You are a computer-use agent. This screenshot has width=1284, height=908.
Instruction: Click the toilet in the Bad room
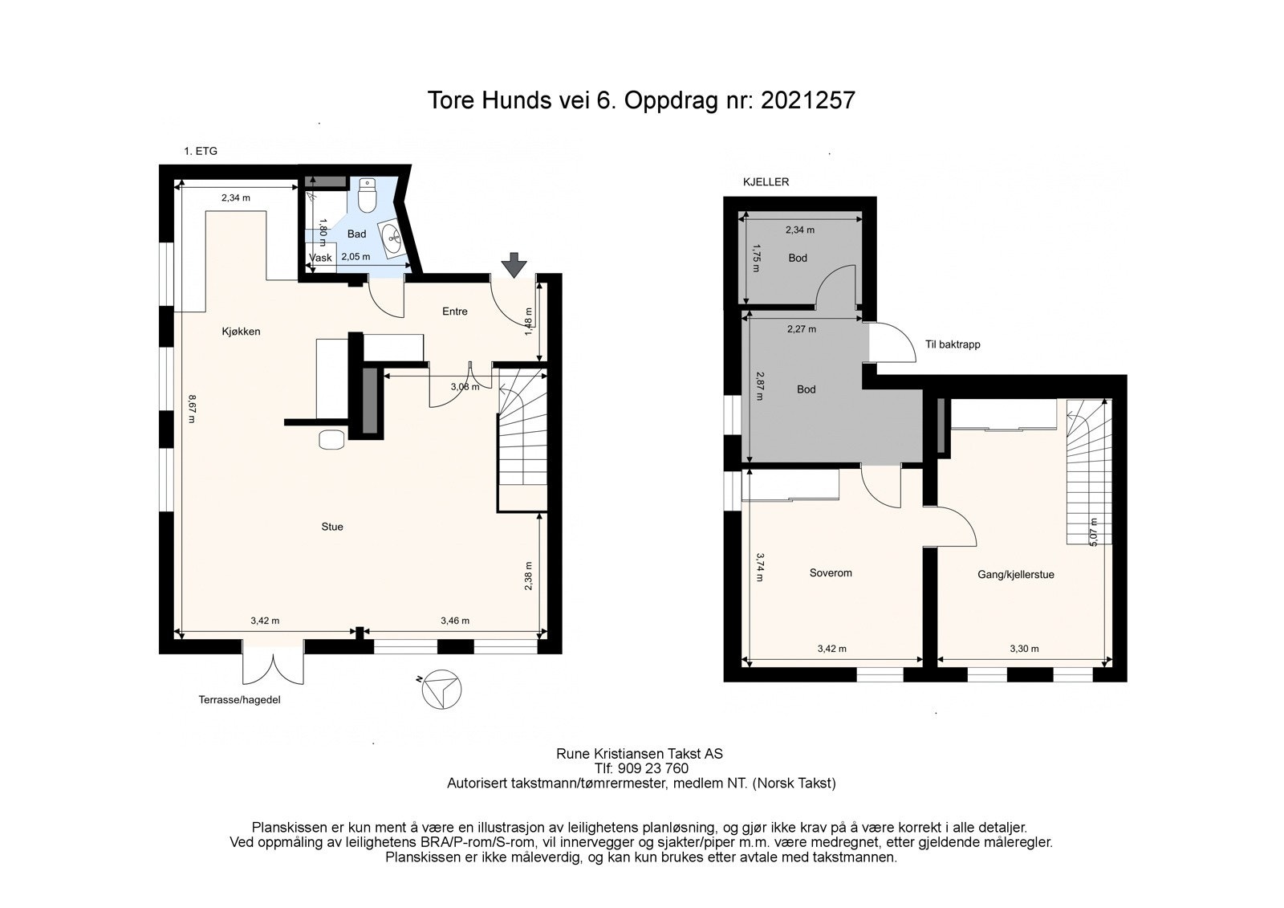pyautogui.click(x=366, y=195)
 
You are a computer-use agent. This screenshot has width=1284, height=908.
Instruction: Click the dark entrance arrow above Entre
pyautogui.click(x=514, y=265)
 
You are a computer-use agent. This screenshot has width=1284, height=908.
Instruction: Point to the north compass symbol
pyautogui.click(x=441, y=690)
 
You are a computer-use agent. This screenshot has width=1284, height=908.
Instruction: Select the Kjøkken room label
pyautogui.click(x=241, y=332)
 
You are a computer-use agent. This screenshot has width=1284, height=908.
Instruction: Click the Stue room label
pyautogui.click(x=332, y=527)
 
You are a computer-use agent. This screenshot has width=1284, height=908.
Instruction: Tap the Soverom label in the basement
pyautogui.click(x=831, y=573)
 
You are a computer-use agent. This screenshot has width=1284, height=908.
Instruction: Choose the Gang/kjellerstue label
pyautogui.click(x=1016, y=575)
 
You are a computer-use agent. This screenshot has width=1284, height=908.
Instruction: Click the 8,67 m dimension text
pyautogui.click(x=192, y=409)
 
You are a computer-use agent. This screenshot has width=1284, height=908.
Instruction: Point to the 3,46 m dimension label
pyautogui.click(x=455, y=621)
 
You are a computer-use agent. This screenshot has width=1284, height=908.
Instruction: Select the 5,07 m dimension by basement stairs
pyautogui.click(x=1092, y=532)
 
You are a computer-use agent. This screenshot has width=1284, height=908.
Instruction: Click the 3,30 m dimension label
pyautogui.click(x=1024, y=649)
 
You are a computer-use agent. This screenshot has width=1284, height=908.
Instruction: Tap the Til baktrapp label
pyautogui.click(x=953, y=344)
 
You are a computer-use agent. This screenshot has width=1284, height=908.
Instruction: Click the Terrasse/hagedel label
pyautogui.click(x=240, y=700)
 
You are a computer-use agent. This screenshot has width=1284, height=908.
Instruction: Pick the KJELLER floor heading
pyautogui.click(x=766, y=181)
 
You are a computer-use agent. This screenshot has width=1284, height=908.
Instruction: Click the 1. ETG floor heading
pyautogui.click(x=201, y=152)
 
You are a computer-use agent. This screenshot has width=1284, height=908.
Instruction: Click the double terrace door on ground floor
pyautogui.click(x=273, y=662)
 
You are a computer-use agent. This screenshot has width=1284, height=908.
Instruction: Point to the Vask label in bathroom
pyautogui.click(x=320, y=258)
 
